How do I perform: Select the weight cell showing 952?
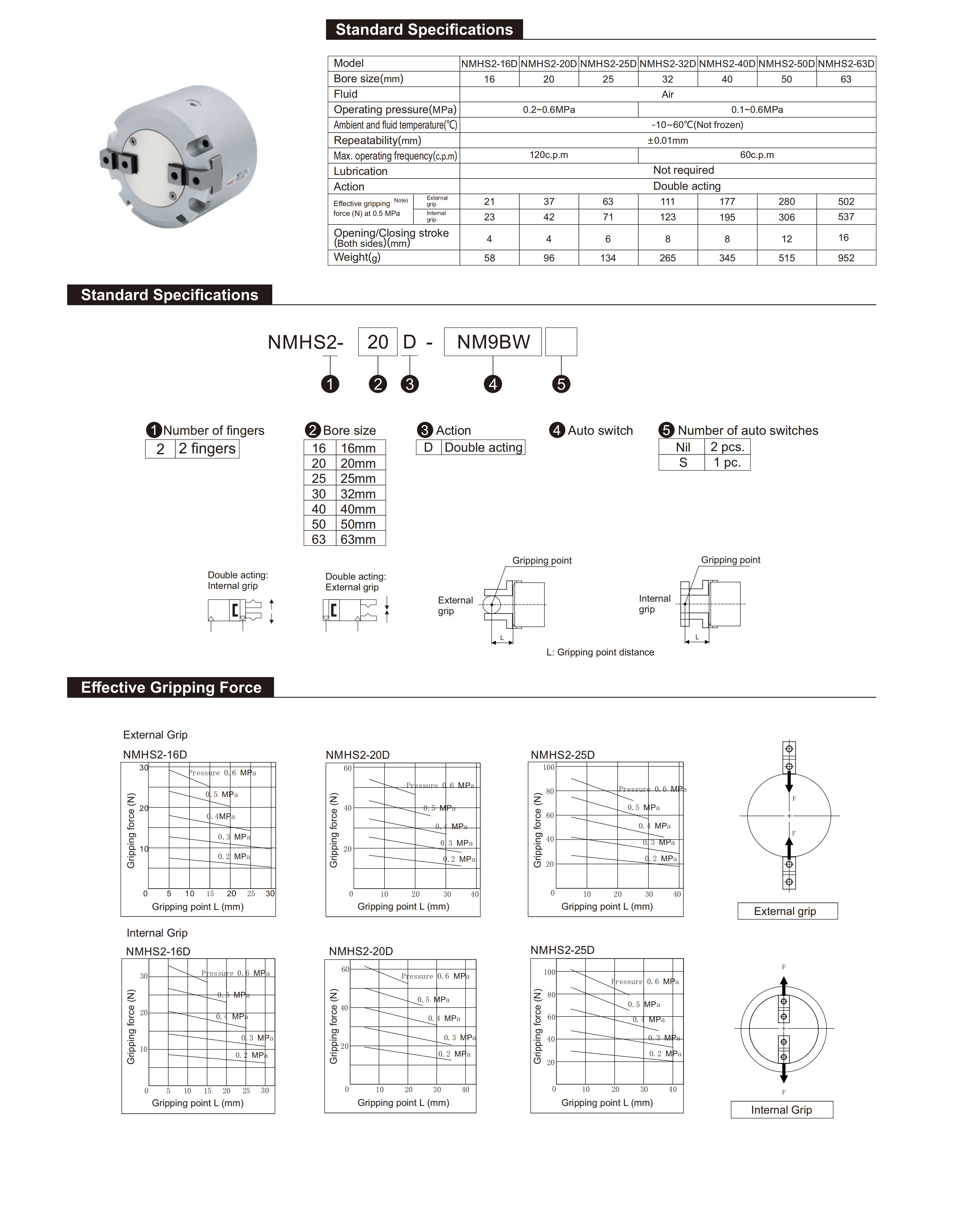846,258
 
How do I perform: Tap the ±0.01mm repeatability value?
668,140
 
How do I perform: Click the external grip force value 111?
668,201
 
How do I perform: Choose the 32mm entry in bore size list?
358,494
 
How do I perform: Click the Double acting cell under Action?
484,448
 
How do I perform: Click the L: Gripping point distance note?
600,652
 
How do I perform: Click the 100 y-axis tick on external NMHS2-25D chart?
548,767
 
